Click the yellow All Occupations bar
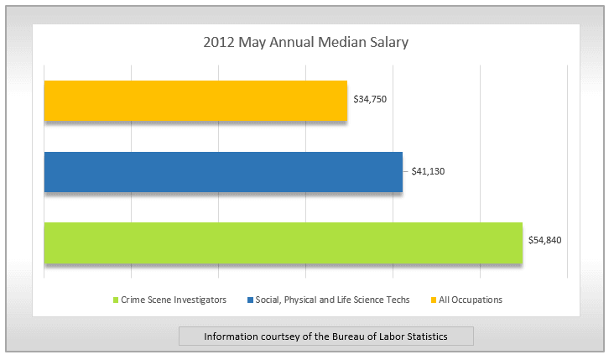click(195, 101)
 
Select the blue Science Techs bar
click(223, 171)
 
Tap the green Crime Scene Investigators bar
click(283, 243)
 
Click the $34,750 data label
click(369, 99)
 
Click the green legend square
click(116, 300)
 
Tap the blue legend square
click(250, 300)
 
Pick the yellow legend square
click(434, 300)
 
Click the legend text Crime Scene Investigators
click(174, 300)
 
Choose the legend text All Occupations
click(471, 300)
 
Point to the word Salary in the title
click(389, 41)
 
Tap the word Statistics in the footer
click(425, 337)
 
